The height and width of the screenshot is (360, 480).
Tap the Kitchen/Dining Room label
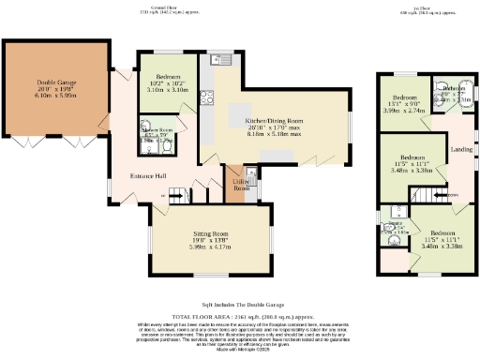pos(274,121)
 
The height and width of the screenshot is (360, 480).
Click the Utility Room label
pos(240,185)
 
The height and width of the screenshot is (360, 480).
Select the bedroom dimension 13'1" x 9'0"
pos(404,104)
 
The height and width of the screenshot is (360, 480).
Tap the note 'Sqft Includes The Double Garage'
pos(239,305)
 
